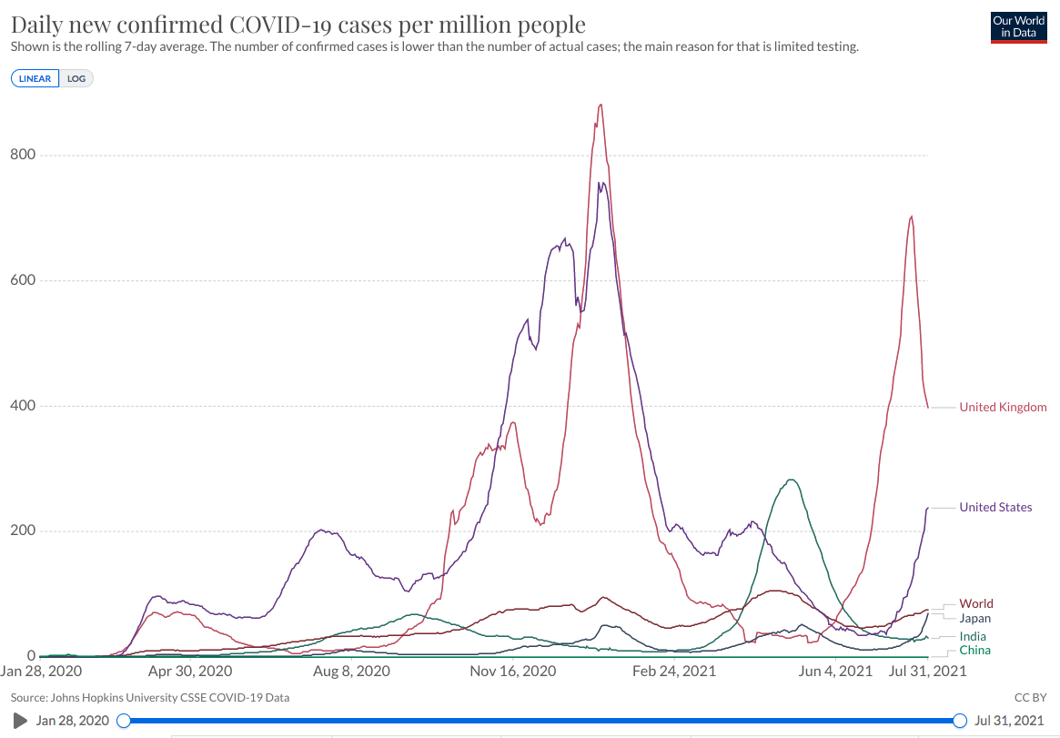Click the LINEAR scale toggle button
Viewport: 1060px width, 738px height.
pyautogui.click(x=35, y=78)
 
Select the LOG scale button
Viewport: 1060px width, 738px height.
pyautogui.click(x=76, y=78)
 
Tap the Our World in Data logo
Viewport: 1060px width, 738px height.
pyautogui.click(x=1017, y=27)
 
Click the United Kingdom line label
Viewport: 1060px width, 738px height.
pyautogui.click(x=1003, y=407)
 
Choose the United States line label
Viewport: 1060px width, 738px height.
pyautogui.click(x=995, y=507)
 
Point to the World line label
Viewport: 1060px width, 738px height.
pyautogui.click(x=976, y=603)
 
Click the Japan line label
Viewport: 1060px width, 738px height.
pyautogui.click(x=975, y=618)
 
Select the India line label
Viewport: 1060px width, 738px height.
pyautogui.click(x=973, y=636)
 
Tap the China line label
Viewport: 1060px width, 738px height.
pyautogui.click(x=974, y=651)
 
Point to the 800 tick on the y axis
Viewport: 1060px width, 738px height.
pyautogui.click(x=23, y=155)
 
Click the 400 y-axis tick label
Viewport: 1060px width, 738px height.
pyautogui.click(x=23, y=406)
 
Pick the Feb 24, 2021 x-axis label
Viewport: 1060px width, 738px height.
pyautogui.click(x=674, y=672)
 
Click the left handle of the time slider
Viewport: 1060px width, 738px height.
pyautogui.click(x=125, y=721)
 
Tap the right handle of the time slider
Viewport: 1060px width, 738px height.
pyautogui.click(x=959, y=721)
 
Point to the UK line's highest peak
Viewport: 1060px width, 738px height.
pyautogui.click(x=600, y=105)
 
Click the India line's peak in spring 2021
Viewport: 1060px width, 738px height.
pyautogui.click(x=792, y=480)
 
